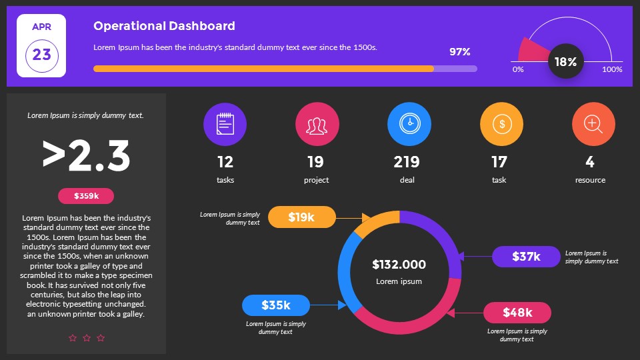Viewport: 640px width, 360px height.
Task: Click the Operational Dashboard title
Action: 164,26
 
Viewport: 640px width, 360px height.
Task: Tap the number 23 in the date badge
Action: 41,55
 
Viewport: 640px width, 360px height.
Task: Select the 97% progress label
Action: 459,52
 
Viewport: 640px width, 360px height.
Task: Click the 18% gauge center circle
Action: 565,62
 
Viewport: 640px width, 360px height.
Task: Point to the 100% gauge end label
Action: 612,69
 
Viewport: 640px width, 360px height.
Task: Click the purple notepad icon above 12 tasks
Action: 225,124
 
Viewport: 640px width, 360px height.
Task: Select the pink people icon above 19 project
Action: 317,124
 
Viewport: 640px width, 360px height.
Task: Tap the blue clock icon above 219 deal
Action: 409,124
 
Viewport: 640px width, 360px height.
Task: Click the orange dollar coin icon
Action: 501,124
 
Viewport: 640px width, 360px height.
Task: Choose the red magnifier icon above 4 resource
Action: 593,124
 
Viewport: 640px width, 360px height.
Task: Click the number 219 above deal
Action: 407,162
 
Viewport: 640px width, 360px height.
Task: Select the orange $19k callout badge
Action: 301,217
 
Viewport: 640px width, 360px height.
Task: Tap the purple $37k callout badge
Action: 526,257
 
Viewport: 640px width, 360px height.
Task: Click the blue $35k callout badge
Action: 275,305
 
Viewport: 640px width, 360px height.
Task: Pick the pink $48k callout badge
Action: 517,313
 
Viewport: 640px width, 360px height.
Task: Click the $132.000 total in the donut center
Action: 399,265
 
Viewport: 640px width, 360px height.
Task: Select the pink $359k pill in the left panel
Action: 86,196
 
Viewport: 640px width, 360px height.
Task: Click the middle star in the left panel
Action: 87,338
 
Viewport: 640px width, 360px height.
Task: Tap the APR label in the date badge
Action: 41,27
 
